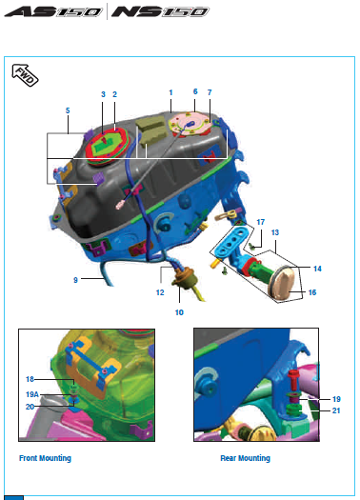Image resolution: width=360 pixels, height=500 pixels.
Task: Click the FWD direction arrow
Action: click(x=25, y=75)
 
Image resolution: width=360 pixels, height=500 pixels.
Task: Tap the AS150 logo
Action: click(x=53, y=11)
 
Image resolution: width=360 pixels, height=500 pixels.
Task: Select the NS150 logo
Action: click(x=160, y=11)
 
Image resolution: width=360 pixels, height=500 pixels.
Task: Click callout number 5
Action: click(x=68, y=110)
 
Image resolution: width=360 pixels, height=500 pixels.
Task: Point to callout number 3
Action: click(x=103, y=94)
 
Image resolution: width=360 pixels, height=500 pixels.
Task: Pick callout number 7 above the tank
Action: click(x=210, y=92)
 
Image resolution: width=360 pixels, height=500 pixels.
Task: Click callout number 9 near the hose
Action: click(x=75, y=280)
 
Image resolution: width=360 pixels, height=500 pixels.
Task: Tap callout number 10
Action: click(x=179, y=312)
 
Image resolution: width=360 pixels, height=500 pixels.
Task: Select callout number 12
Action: click(x=160, y=292)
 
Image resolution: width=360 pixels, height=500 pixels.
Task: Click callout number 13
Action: click(x=275, y=232)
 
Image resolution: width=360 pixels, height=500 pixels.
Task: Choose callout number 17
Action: click(x=261, y=222)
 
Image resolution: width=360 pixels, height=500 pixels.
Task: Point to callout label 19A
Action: click(x=32, y=394)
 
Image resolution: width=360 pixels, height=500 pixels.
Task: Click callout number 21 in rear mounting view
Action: click(x=336, y=410)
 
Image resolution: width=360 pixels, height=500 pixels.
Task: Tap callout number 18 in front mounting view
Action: click(x=30, y=379)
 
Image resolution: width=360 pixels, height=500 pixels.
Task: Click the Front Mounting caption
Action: click(x=45, y=458)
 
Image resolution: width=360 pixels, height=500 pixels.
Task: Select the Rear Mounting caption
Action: click(x=245, y=458)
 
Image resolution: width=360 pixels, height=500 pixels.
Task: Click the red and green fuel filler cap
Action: click(x=107, y=147)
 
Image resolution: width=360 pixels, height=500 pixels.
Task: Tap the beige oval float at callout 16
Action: click(x=282, y=285)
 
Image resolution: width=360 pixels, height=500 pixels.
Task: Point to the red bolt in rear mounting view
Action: click(x=293, y=378)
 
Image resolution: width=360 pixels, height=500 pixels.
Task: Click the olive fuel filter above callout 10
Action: click(x=184, y=279)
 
